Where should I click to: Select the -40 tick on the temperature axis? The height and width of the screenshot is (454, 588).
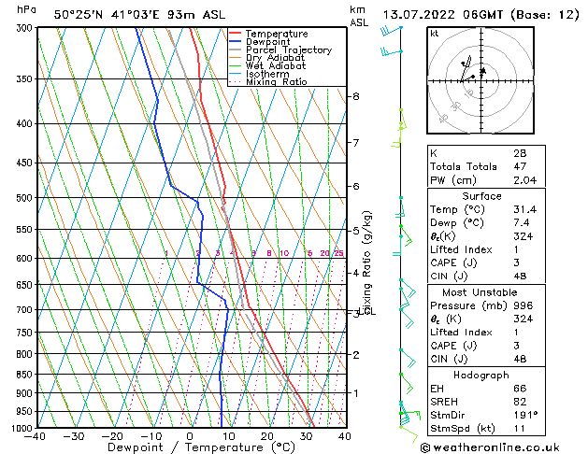click(36, 436)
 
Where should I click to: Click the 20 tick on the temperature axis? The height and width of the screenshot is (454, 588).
click(267, 436)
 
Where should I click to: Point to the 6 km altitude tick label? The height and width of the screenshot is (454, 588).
click(356, 187)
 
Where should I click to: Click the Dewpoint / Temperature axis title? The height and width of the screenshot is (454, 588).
click(190, 448)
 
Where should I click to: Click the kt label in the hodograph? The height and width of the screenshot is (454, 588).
click(435, 34)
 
